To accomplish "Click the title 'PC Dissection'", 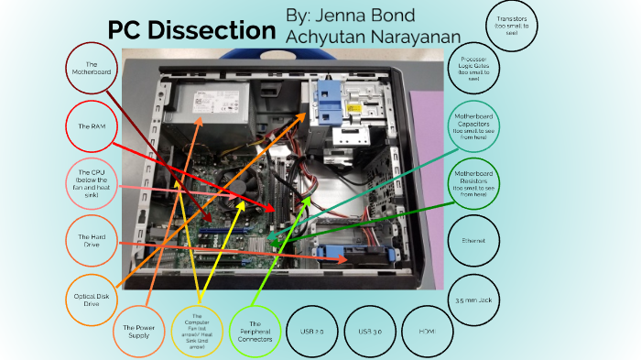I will coord(191,30).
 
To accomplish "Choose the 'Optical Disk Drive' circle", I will coord(92,298).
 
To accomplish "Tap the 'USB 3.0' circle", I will coord(370,330).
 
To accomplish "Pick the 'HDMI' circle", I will coord(427,330).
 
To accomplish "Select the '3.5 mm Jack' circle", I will coord(475,300).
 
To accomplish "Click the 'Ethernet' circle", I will coord(475,242).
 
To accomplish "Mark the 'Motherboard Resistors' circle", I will coord(474,183).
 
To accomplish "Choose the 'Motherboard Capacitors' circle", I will coord(474,125).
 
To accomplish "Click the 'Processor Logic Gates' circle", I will coord(474,67).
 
